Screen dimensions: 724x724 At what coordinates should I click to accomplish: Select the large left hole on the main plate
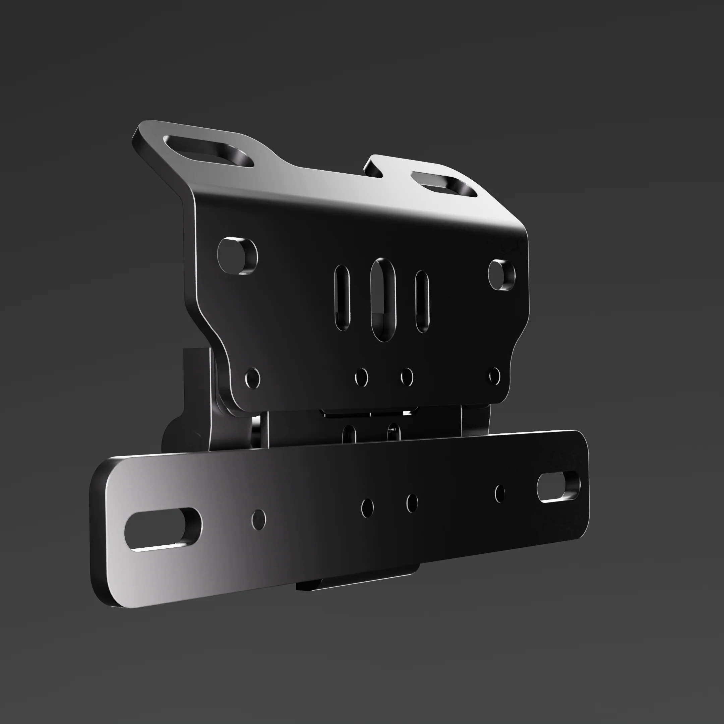tap(237, 255)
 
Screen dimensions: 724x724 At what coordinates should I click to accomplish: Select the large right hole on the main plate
tap(501, 275)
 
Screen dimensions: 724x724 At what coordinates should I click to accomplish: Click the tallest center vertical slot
tap(382, 299)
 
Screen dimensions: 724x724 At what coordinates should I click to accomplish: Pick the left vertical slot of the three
tap(342, 298)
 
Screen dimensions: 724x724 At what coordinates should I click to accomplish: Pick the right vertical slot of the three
tap(422, 301)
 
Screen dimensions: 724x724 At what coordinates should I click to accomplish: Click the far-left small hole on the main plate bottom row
tap(253, 378)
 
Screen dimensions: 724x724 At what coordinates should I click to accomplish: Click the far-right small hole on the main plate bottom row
tap(495, 376)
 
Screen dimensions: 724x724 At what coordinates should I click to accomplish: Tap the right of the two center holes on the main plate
tap(407, 377)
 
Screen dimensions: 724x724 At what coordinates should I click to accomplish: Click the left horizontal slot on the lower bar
tap(163, 530)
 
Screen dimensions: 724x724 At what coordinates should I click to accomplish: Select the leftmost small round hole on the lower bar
tap(258, 520)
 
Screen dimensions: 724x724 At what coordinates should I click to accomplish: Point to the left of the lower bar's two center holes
tap(367, 508)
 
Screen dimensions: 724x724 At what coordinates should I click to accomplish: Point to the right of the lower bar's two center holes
tap(412, 503)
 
